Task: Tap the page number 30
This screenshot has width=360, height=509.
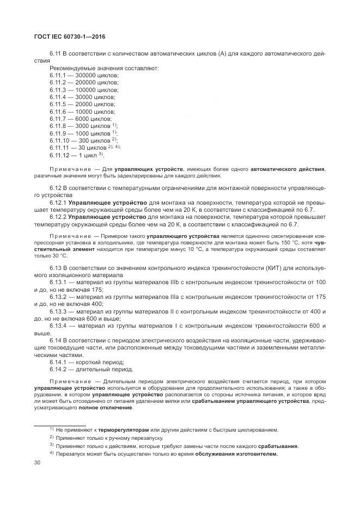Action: tap(38, 463)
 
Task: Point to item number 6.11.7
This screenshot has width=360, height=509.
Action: tap(58, 118)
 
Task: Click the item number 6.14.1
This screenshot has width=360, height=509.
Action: tap(58, 361)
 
